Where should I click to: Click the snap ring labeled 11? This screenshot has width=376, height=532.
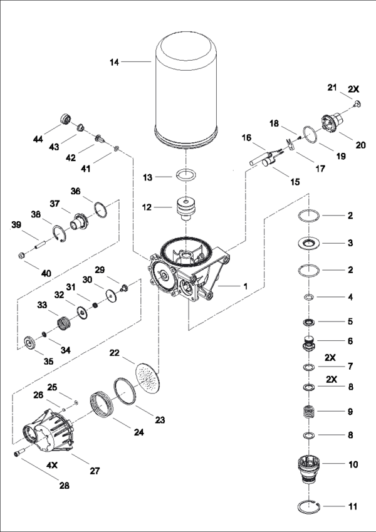(311, 506)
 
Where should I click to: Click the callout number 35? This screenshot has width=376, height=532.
(29, 362)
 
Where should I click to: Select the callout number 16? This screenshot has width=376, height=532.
(246, 137)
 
